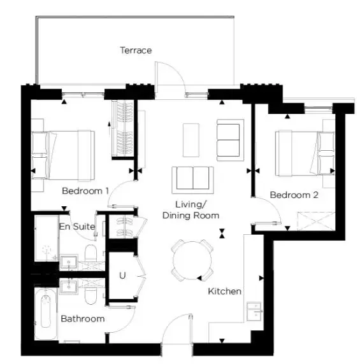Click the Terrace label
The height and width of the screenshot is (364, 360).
[x=136, y=50]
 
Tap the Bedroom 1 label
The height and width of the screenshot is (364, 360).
[x=85, y=191]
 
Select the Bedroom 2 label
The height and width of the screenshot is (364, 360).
[x=294, y=195]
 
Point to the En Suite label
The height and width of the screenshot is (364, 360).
[x=77, y=227]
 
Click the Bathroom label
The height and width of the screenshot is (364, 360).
[x=82, y=319]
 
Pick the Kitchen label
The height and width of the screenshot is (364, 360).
[x=224, y=291]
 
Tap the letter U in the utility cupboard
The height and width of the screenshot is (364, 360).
[x=122, y=276]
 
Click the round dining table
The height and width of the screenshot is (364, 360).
[x=192, y=260]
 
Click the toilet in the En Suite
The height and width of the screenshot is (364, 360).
[x=90, y=253]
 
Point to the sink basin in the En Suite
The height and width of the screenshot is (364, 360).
[x=69, y=263]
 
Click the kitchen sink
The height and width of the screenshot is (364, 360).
[x=254, y=312]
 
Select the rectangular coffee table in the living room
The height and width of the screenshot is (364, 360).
[x=191, y=140]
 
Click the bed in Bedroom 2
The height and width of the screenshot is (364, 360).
[x=305, y=153]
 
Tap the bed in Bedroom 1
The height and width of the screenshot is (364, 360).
[x=62, y=155]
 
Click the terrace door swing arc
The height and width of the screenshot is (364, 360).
[x=176, y=71]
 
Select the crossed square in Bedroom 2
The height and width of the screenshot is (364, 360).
[x=316, y=221]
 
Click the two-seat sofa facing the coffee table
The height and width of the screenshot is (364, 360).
[x=192, y=180]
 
